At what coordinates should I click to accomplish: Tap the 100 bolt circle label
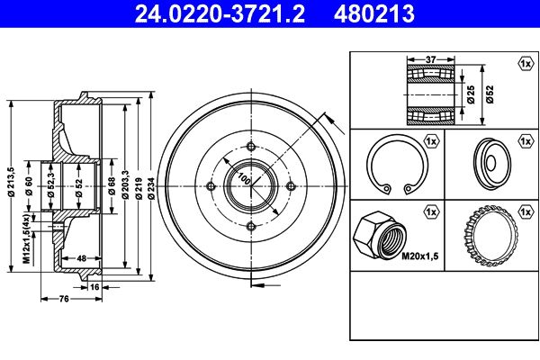tap(242, 179)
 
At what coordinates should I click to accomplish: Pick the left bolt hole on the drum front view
tap(210, 186)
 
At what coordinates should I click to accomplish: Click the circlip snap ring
tap(393, 166)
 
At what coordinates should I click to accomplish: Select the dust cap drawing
tap(490, 164)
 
